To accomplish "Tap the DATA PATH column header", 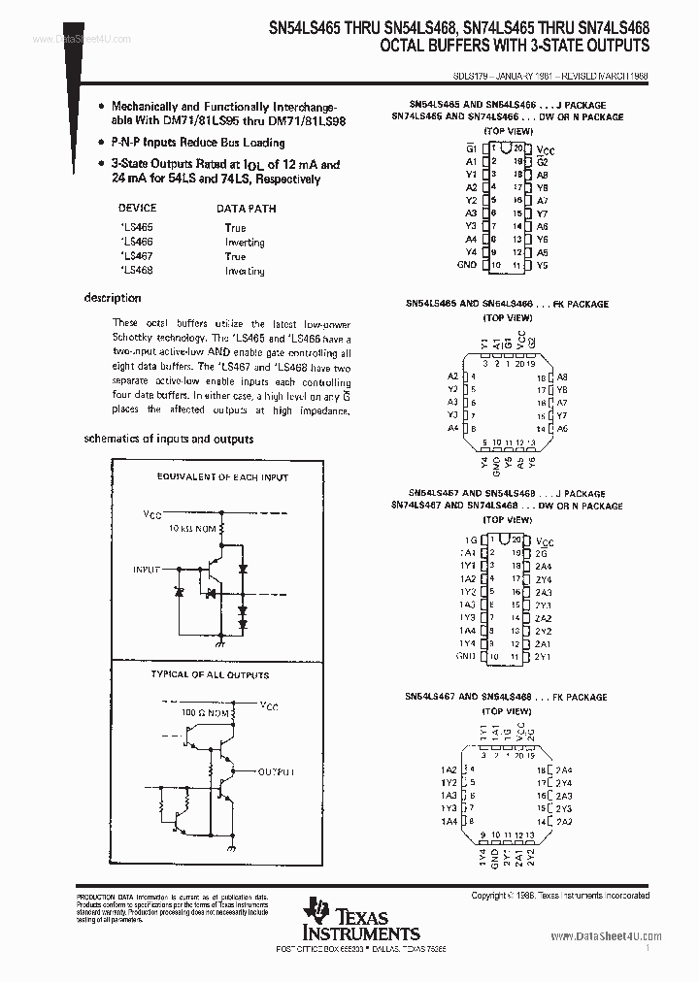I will (246, 208).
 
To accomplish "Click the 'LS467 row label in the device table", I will (137, 257).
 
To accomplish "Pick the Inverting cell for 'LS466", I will (245, 243).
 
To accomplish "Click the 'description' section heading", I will (113, 298).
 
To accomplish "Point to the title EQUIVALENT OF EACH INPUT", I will (222, 477).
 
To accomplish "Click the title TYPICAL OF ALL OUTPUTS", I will (210, 674).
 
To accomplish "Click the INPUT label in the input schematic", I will (147, 571).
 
